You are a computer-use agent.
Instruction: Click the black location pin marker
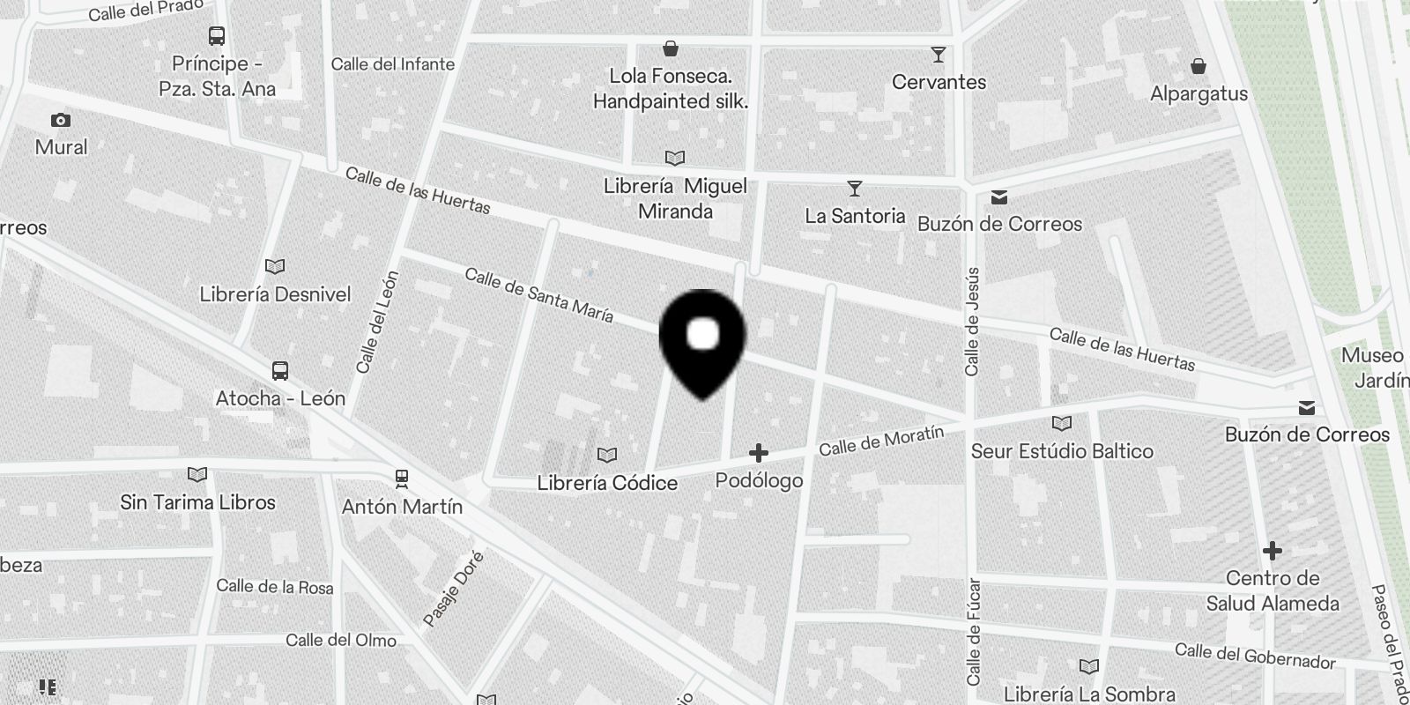point(702,339)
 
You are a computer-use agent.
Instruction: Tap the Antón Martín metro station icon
point(402,479)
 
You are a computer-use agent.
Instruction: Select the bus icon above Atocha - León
point(280,370)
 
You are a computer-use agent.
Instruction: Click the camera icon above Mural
point(61,120)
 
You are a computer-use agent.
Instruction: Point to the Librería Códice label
point(607,483)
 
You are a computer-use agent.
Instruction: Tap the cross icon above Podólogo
point(758,453)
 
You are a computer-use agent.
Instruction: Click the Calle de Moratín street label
point(881,440)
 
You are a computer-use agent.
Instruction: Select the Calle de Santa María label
point(538,295)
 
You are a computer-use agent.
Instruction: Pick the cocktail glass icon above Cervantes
point(939,55)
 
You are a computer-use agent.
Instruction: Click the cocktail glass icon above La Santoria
point(854,189)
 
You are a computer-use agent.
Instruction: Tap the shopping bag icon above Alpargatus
point(1198,66)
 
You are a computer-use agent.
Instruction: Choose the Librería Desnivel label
point(275,294)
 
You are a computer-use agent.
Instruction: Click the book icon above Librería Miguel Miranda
point(674,159)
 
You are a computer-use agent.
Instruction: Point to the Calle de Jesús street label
point(972,322)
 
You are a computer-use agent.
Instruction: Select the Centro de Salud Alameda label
point(1273,590)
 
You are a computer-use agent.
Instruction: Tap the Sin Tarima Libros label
point(198,502)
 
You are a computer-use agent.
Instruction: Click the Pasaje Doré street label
point(454,589)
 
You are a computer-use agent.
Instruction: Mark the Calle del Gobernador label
point(1255,656)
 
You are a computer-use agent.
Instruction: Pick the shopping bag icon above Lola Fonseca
point(671,48)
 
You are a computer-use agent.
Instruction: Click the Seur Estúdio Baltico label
point(1062,451)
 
